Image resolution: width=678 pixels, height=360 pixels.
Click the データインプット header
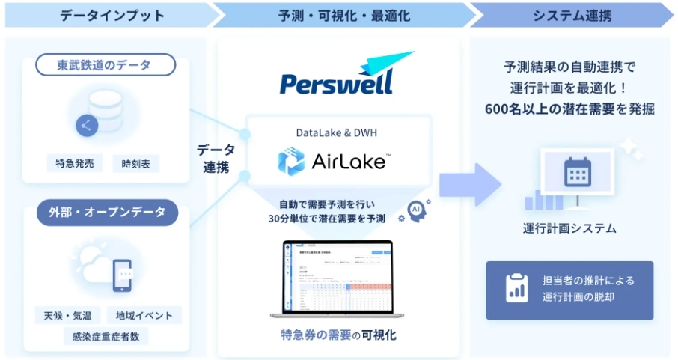coord(103,15)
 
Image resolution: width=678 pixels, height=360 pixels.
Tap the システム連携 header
coord(570,15)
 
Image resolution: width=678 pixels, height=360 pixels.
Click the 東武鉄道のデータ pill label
coord(106,65)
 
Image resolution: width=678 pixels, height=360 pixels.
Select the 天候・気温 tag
coord(67,315)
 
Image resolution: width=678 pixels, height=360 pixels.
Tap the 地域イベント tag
coord(144,315)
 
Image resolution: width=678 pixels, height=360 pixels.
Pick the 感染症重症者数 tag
coord(105,336)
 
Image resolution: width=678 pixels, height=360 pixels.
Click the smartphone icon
coord(121,275)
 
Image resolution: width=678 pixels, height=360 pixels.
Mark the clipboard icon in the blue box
coord(516,290)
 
